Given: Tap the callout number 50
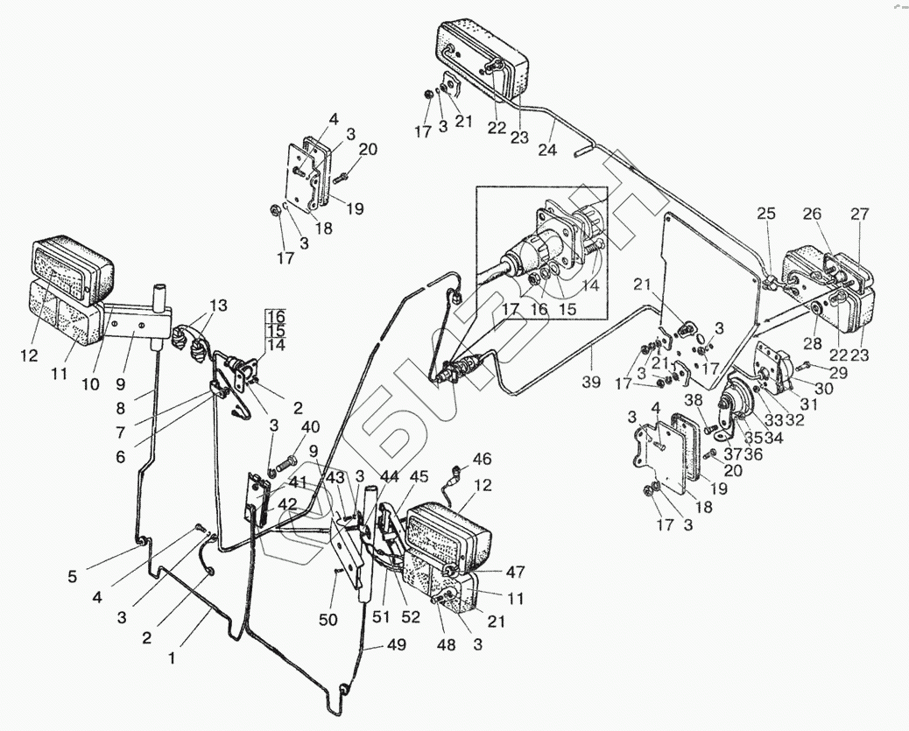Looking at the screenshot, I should pyautogui.click(x=328, y=620).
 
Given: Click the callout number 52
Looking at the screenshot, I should pyautogui.click(x=410, y=616).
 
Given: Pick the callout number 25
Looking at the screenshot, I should pyautogui.click(x=766, y=214).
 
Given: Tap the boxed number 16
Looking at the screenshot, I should pyautogui.click(x=277, y=316).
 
